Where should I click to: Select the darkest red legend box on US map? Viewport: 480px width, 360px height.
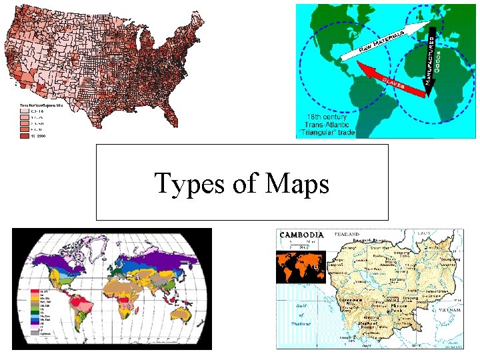coord(24,135)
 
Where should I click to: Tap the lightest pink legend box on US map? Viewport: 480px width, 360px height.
coord(24,111)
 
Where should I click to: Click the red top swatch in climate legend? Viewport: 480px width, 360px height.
coord(33,292)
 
